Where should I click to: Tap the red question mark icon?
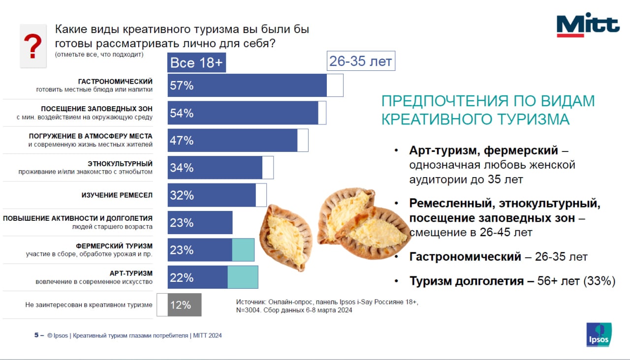pos(33,47)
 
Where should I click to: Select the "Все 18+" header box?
pos(196,63)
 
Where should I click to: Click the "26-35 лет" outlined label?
pos(361,61)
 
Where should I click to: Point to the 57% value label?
pos(182,86)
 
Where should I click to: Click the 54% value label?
pos(182,114)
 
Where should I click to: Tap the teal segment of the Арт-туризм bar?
pos(243,277)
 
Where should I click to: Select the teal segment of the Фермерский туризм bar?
pos(243,250)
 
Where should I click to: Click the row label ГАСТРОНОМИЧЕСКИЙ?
pos(115,81)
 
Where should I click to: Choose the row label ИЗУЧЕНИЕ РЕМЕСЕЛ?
pos(117,195)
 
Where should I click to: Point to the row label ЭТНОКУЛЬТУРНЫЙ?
pos(120,163)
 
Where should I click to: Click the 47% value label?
pos(182,141)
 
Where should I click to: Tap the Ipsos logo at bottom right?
pos(599,335)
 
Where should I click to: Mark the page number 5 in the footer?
pos(36,335)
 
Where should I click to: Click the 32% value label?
pos(182,196)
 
